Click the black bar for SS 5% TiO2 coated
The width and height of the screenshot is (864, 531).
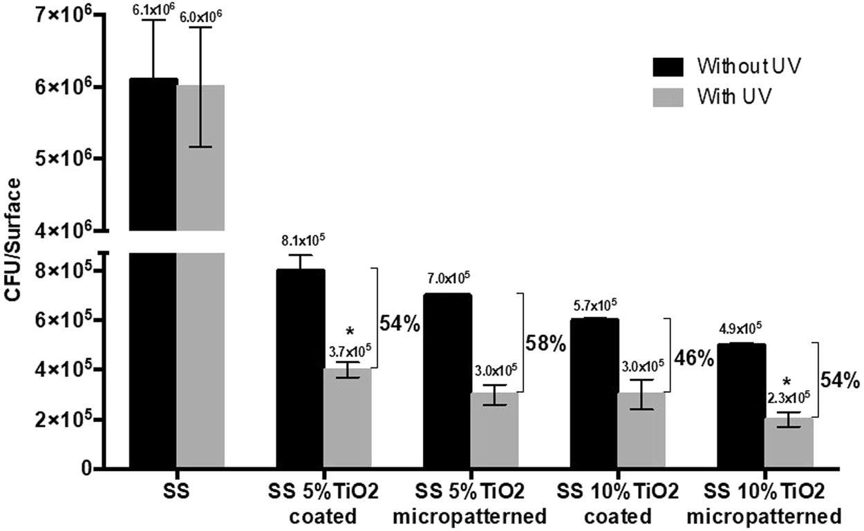[301, 369]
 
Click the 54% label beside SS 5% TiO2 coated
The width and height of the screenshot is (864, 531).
[400, 323]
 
